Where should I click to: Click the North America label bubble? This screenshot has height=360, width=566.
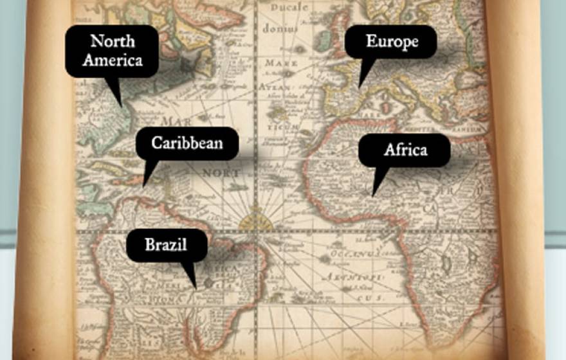(112, 51)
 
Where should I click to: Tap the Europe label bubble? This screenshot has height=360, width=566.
(391, 42)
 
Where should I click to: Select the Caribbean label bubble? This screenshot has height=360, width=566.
(187, 143)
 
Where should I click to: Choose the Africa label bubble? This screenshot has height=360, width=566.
(405, 150)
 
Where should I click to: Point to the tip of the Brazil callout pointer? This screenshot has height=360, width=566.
(196, 287)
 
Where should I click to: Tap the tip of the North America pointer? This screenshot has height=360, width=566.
(120, 105)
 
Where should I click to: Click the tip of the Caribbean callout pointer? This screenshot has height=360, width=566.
(144, 186)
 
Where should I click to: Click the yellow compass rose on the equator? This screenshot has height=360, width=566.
(256, 221)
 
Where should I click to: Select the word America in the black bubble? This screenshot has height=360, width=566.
(112, 61)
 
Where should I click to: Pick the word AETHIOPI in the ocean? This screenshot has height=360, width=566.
(352, 276)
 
